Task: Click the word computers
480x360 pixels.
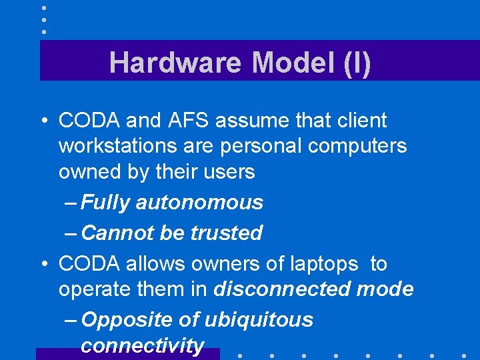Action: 357,146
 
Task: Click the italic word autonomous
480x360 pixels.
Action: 199,202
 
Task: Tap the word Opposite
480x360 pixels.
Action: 127,320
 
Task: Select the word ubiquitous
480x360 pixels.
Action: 259,320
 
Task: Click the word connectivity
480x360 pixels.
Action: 142,346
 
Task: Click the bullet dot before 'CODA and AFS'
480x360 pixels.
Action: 43,121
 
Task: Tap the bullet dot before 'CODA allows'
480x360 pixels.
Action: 43,265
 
